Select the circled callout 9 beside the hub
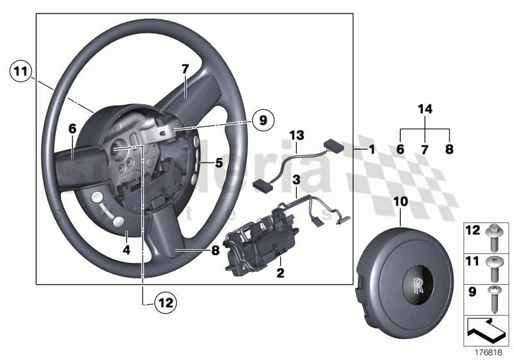click(x=262, y=119)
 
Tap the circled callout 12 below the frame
click(x=164, y=301)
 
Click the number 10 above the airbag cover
click(x=400, y=201)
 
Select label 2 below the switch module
click(x=280, y=274)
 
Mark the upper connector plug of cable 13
click(x=332, y=145)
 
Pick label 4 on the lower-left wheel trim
click(x=127, y=250)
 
